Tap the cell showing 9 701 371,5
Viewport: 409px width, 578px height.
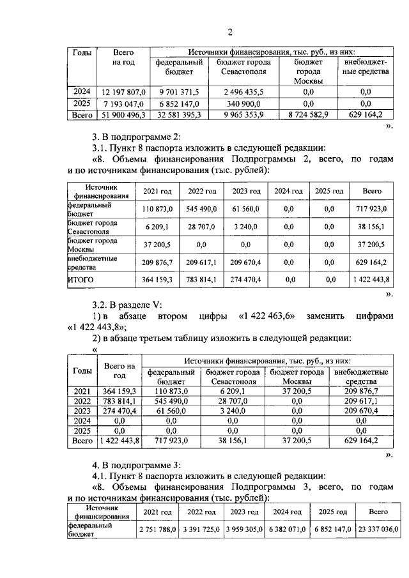click(x=180, y=92)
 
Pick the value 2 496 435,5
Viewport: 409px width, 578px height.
click(x=243, y=92)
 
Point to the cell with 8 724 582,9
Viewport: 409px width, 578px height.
click(x=308, y=115)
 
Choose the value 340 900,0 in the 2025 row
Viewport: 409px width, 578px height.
click(x=243, y=103)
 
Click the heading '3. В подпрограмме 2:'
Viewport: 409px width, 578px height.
click(x=137, y=137)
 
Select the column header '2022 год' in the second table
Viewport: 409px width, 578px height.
click(x=201, y=191)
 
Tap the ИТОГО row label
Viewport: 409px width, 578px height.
click(x=81, y=279)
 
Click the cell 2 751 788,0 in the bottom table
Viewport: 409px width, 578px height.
click(x=157, y=529)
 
